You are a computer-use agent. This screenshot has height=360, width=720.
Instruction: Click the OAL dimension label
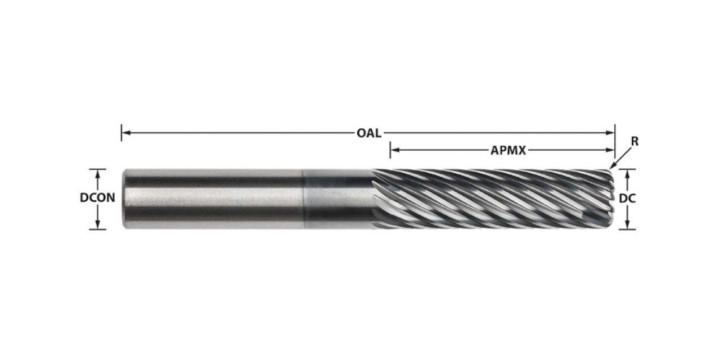coord(369,133)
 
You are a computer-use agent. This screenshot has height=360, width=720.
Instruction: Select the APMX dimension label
coord(508,151)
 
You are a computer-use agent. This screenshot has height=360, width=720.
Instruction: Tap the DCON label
coord(97,198)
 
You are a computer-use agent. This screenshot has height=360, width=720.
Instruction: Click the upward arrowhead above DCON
coord(98,173)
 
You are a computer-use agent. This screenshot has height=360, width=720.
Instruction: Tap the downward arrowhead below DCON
coord(98,224)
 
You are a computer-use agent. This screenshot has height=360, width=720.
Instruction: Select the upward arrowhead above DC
coord(627,173)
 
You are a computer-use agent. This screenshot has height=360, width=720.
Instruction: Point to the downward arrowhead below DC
coord(627,224)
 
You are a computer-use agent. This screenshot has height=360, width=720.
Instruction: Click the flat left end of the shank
coord(124,199)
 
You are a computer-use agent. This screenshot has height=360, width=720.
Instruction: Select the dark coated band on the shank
coord(337,199)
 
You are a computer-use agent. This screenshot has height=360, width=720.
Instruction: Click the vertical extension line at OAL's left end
coord(121,133)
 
